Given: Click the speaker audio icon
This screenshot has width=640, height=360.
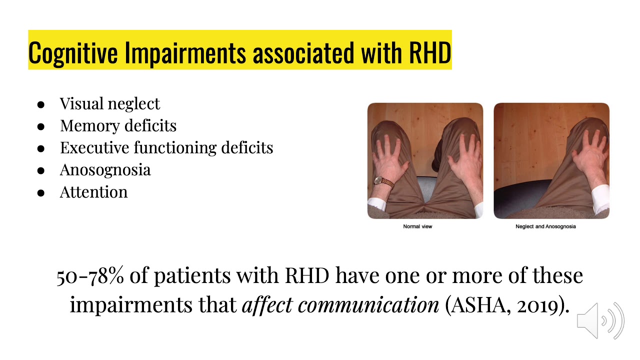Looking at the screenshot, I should click(600, 320).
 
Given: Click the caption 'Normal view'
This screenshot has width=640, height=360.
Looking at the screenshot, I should click(417, 226).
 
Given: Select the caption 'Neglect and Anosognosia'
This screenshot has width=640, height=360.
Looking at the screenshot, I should click(545, 226).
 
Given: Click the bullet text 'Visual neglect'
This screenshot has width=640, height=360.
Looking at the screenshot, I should click(109, 103).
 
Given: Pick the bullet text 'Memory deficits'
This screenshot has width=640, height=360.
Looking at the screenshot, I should click(118, 125).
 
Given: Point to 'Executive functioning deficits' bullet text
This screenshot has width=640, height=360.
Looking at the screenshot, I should click(166, 147).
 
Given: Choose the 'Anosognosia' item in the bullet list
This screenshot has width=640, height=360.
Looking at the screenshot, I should click(105, 169).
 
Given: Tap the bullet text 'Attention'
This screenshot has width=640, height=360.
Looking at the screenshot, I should click(93, 192).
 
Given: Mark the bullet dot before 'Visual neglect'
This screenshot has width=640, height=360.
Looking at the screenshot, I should click(41, 104).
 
